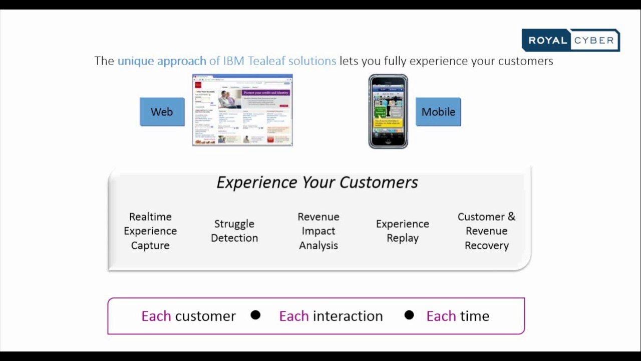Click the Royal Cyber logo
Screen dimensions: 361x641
[570, 41]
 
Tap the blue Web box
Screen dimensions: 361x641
[162, 112]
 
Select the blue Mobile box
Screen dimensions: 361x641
[438, 112]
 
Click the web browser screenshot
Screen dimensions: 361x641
[242, 110]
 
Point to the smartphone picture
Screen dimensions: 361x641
[388, 112]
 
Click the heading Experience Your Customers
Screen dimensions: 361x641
[317, 183]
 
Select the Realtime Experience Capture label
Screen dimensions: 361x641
[150, 231]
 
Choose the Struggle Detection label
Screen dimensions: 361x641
[234, 231]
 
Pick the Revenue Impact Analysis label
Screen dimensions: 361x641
[318, 231]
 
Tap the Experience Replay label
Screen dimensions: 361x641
[403, 231]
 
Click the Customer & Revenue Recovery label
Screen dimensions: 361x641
[486, 231]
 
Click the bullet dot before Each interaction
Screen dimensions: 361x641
[255, 315]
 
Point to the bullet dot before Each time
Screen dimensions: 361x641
[409, 315]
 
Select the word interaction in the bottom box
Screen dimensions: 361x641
[348, 316]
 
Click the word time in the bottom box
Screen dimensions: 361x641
[474, 316]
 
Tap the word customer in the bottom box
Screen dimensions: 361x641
[205, 316]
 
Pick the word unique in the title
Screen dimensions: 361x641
[136, 61]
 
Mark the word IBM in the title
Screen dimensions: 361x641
[234, 61]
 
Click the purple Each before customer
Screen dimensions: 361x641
[156, 316]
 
